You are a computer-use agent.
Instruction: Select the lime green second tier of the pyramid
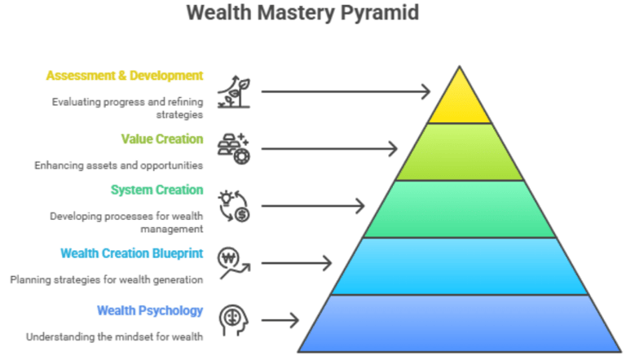460,152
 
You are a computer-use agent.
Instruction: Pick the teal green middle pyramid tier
460,209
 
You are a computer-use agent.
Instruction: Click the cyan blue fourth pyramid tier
460,266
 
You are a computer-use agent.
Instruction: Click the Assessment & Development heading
125,77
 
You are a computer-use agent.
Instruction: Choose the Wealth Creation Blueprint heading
132,252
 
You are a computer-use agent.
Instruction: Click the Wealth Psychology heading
149,310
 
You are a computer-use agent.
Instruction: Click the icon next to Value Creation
232,148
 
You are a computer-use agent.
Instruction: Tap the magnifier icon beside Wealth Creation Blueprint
232,262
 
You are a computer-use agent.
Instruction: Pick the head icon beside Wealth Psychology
232,319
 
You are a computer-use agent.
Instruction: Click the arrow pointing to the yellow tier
346,91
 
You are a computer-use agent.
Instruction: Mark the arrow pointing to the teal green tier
313,205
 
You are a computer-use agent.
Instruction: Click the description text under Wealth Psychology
113,336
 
